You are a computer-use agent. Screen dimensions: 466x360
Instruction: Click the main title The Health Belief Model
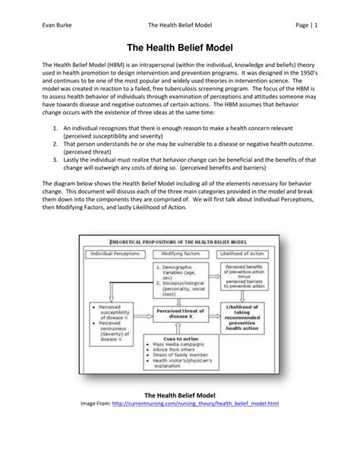coord(180,46)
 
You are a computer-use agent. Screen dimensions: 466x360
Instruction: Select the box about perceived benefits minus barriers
coord(245,275)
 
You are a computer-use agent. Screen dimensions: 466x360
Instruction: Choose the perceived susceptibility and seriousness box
coord(112,318)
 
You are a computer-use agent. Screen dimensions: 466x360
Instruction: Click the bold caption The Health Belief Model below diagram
coord(180,416)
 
